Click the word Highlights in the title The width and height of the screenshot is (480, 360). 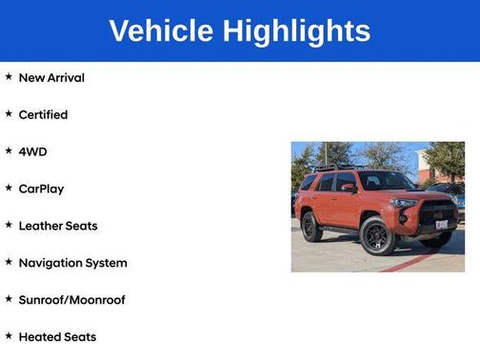point(297,31)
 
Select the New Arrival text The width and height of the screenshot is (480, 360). point(51,77)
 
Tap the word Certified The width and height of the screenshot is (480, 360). point(44,114)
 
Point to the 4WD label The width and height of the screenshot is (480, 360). point(32,151)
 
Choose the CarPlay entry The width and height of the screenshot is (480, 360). point(42,189)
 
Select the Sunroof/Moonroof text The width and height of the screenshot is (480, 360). point(72,300)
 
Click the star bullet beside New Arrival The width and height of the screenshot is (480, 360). point(9,76)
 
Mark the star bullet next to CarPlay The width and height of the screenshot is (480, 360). point(9,188)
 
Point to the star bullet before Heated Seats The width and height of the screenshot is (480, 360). point(9,336)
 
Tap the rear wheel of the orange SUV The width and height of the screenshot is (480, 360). point(311,227)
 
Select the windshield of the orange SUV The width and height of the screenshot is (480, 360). point(385,181)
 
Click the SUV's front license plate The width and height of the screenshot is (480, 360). point(441,225)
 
